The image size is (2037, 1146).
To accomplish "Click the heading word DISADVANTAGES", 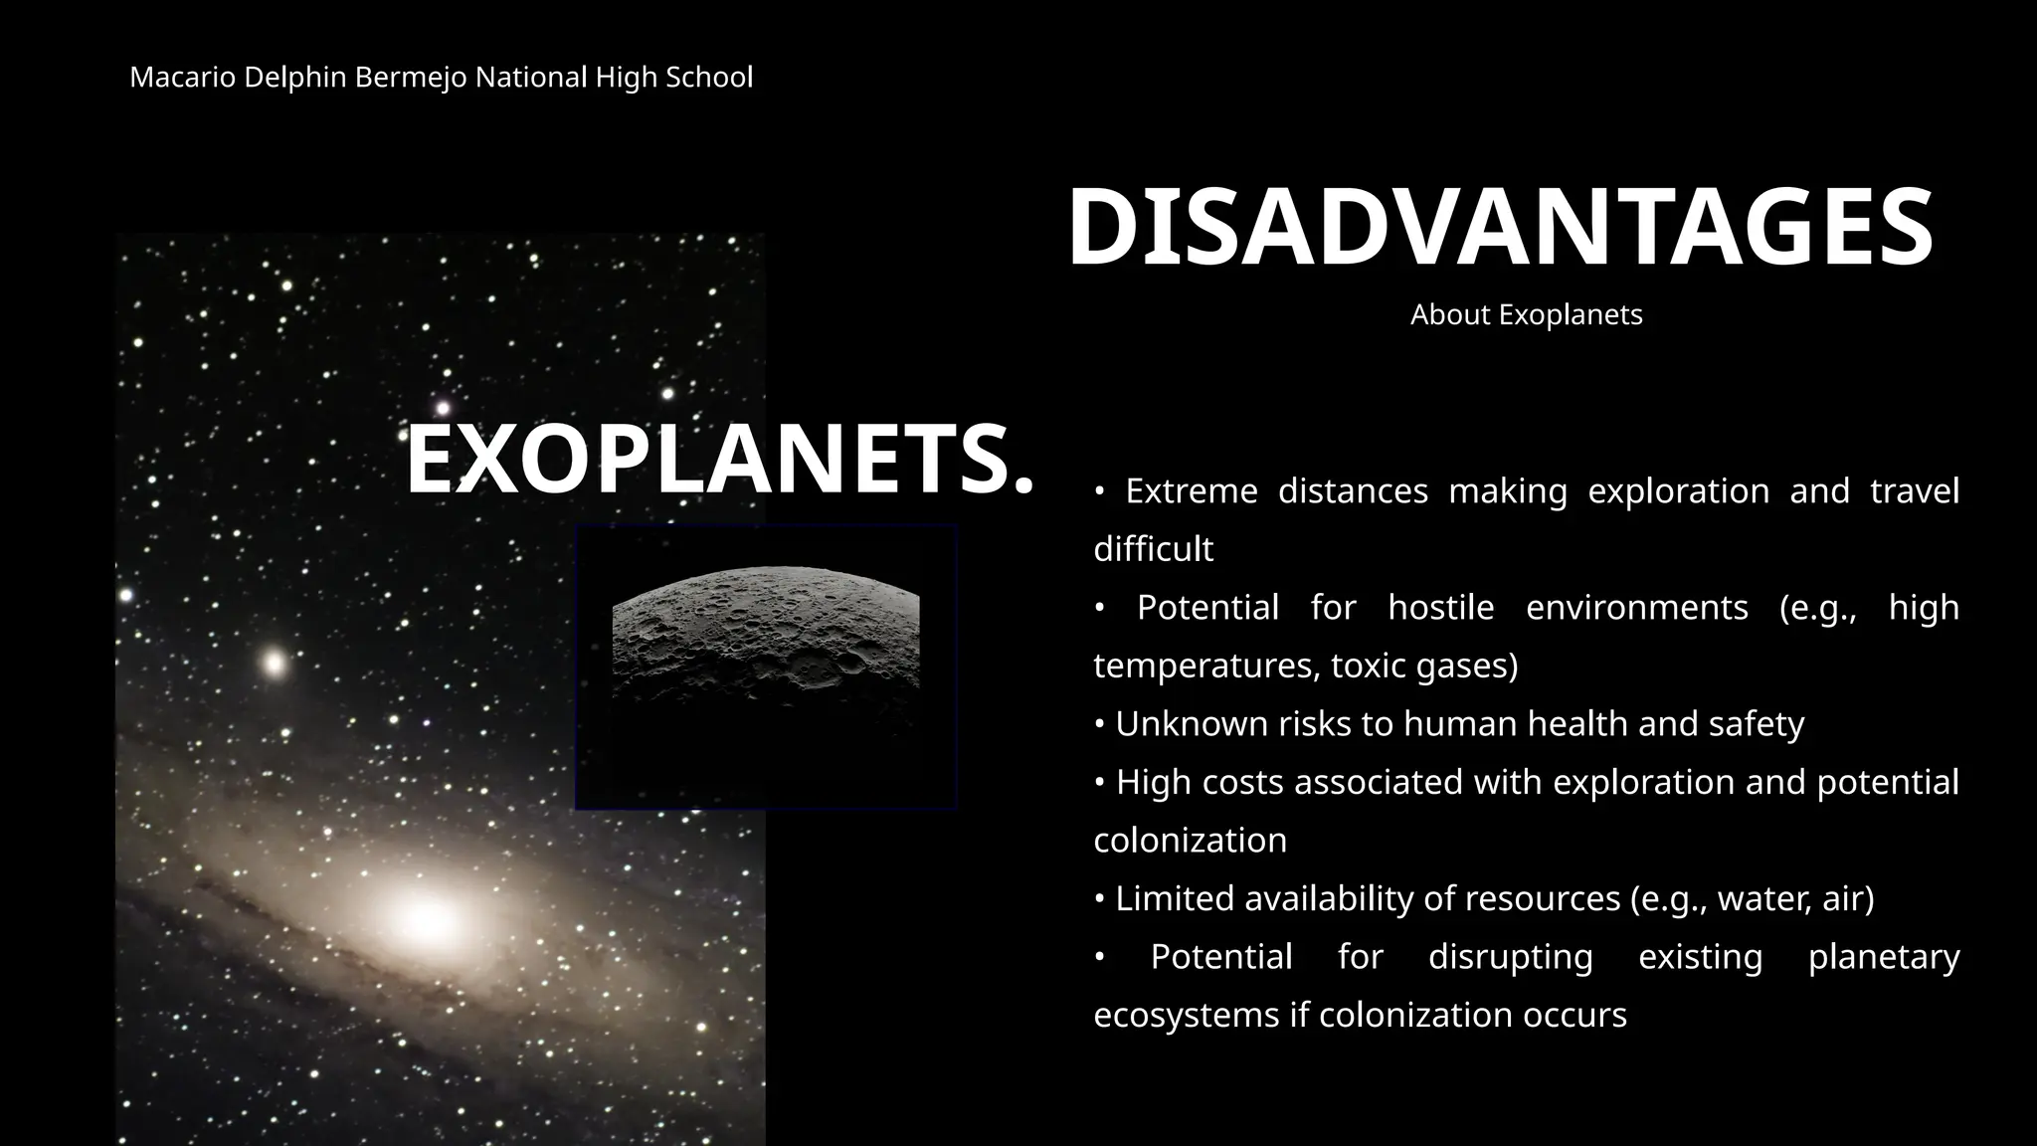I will tap(1500, 228).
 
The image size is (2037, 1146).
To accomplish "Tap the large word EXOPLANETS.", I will tap(719, 460).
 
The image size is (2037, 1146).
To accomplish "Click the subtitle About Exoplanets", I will tap(1526, 315).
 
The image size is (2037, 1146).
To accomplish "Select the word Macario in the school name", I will tap(182, 78).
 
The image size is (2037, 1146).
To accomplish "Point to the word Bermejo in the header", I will tap(410, 78).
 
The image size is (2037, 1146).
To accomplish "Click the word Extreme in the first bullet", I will tap(1191, 491).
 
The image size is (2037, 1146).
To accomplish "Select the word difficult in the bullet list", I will tap(1153, 549).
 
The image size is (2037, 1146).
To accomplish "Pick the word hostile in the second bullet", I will tap(1440, 608).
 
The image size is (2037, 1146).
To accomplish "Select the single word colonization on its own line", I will tap(1190, 841).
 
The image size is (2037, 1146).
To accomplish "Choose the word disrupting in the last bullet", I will tap(1510, 957).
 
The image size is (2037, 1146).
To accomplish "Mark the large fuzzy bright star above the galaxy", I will tap(274, 663).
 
